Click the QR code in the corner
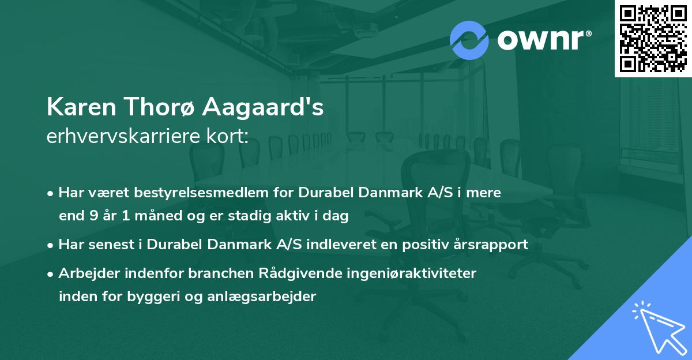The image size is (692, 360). point(653,38)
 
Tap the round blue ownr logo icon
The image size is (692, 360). point(469,40)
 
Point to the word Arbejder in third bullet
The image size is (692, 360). point(82,273)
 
